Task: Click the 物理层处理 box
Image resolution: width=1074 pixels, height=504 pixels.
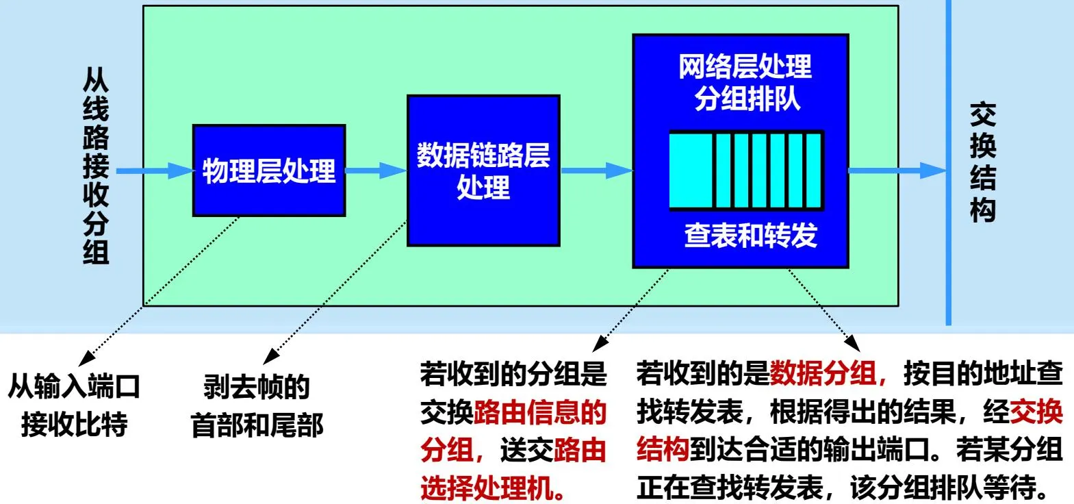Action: pos(268,171)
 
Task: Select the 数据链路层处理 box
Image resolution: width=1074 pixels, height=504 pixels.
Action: pos(483,171)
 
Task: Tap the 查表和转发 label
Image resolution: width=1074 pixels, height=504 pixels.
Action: pos(750,235)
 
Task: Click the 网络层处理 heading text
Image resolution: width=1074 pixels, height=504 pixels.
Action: pos(745,66)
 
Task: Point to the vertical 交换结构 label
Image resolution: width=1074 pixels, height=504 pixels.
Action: pos(982,162)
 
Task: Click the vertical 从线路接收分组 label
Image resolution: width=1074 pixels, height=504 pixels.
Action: pos(96,165)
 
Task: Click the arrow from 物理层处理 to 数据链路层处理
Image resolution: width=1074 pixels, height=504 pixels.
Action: pos(376,171)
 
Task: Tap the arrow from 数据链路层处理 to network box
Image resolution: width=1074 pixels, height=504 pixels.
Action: pos(596,171)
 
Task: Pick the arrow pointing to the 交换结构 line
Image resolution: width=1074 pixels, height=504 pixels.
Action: pos(897,171)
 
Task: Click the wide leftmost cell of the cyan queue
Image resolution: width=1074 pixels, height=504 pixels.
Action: pos(691,170)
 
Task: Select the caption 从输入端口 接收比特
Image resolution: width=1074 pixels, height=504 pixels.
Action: pos(74,405)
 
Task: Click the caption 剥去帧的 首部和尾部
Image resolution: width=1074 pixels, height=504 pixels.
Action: pos(257,405)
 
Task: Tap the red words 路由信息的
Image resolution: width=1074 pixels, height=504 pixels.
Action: pos(540,412)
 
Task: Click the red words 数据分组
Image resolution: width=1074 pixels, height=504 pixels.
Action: pos(823,374)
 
